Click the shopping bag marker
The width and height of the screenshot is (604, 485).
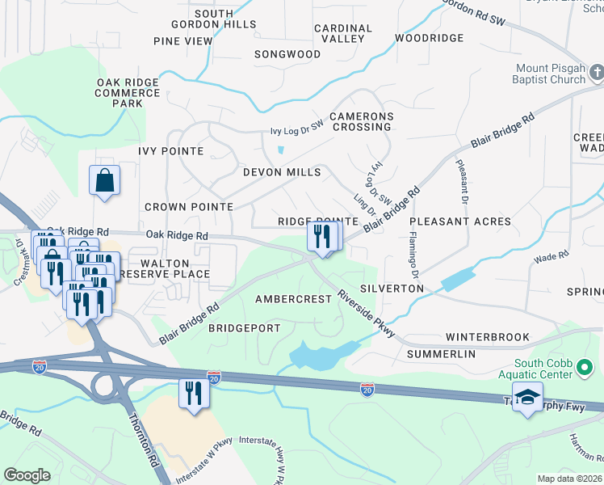[x=105, y=181]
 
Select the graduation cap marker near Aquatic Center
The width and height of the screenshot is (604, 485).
[x=527, y=399]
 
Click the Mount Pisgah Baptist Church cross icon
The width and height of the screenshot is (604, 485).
[x=597, y=74]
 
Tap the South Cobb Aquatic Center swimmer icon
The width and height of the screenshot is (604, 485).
[x=585, y=369]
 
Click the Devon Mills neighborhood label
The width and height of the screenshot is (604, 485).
[x=282, y=172]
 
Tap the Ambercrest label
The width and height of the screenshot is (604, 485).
[x=293, y=299]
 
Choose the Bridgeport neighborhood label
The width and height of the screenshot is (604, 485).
[x=244, y=328]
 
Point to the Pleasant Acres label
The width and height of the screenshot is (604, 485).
[x=460, y=221]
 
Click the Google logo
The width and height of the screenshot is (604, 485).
[x=27, y=475]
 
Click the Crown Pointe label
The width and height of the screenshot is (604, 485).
[x=189, y=207]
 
